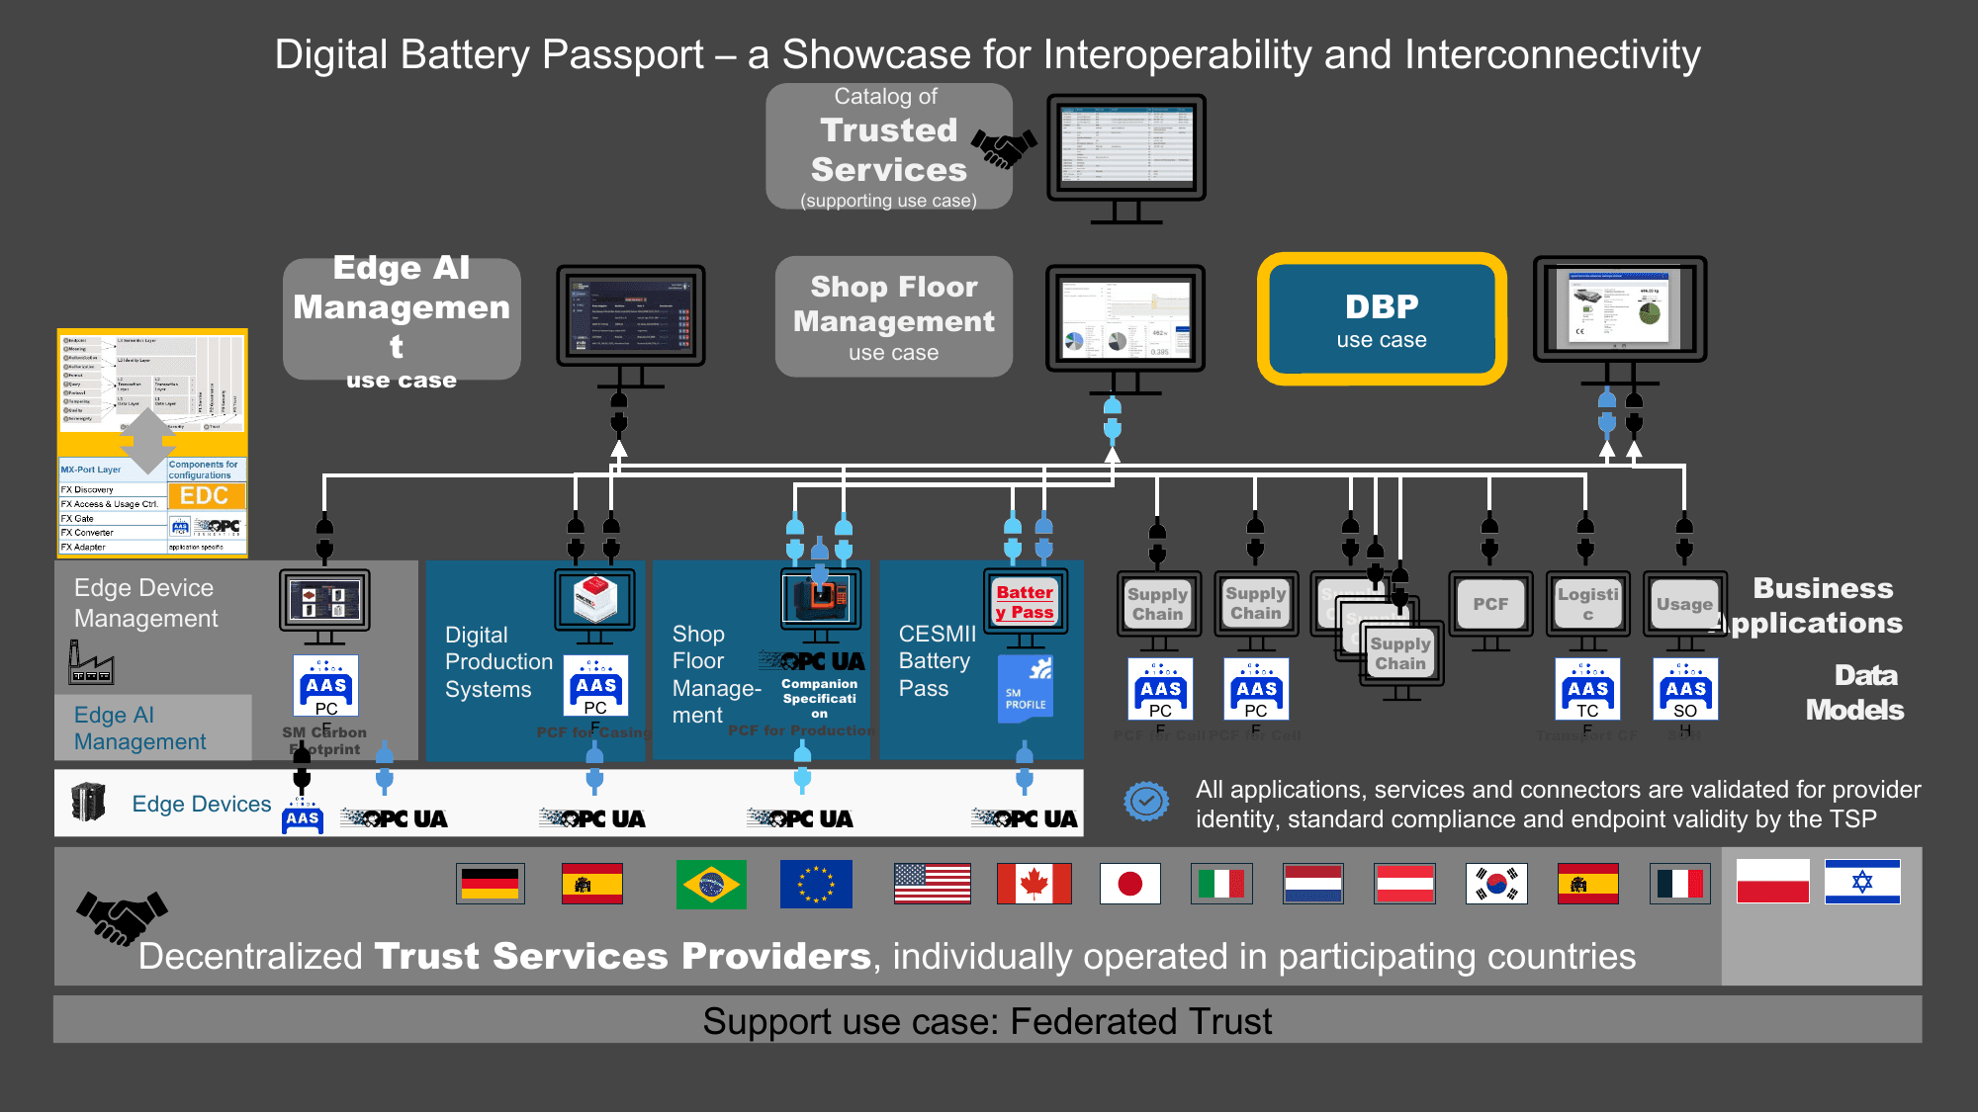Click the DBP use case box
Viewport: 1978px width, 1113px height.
pyautogui.click(x=1382, y=319)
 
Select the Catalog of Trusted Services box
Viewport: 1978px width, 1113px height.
pyautogui.click(x=888, y=147)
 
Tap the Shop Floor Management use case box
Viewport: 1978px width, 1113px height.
pyautogui.click(x=893, y=317)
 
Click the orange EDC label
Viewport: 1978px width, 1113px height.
pyautogui.click(x=205, y=496)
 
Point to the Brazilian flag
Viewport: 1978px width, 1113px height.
pyautogui.click(x=711, y=884)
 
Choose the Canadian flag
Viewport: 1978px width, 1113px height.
pyautogui.click(x=1034, y=884)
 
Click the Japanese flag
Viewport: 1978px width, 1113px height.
pyautogui.click(x=1129, y=884)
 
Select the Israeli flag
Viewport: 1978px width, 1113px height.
pyautogui.click(x=1862, y=882)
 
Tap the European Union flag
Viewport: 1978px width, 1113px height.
pyautogui.click(x=816, y=884)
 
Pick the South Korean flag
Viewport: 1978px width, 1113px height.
pyautogui.click(x=1496, y=884)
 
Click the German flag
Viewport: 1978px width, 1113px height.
pyautogui.click(x=490, y=884)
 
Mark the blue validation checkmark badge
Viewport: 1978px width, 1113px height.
pyautogui.click(x=1146, y=801)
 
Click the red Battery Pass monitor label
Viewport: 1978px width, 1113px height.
pyautogui.click(x=1025, y=602)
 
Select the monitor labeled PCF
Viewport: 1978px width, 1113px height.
pyautogui.click(x=1490, y=604)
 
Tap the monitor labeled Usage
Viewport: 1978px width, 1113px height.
pyautogui.click(x=1684, y=604)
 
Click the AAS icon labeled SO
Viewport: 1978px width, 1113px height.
pyautogui.click(x=1685, y=690)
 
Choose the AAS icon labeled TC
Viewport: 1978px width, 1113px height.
pyautogui.click(x=1587, y=690)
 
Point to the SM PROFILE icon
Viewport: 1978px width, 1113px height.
pyautogui.click(x=1026, y=688)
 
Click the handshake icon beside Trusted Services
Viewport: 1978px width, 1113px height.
pyautogui.click(x=1004, y=148)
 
